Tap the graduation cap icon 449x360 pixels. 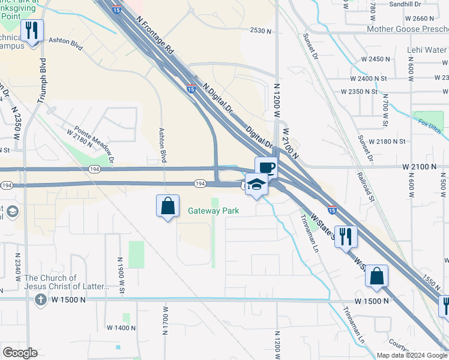[256, 184]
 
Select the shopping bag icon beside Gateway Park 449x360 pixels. [168, 206]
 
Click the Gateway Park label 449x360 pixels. [214, 211]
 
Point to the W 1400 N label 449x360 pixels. [121, 328]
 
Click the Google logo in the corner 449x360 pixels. [20, 353]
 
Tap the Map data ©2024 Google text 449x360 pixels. [412, 355]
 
